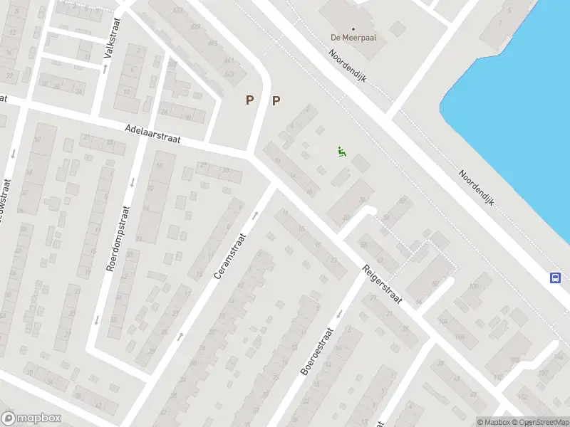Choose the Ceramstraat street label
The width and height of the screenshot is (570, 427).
[x=229, y=257]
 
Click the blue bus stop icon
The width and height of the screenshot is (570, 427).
[x=555, y=278]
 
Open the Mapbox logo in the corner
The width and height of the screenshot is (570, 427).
[x=31, y=418]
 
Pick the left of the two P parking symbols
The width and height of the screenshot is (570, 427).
[x=249, y=100]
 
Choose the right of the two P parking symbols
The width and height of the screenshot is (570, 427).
[x=276, y=100]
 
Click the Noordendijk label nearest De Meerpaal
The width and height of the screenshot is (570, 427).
[x=348, y=66]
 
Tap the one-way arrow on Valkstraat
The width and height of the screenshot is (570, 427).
[x=105, y=69]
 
